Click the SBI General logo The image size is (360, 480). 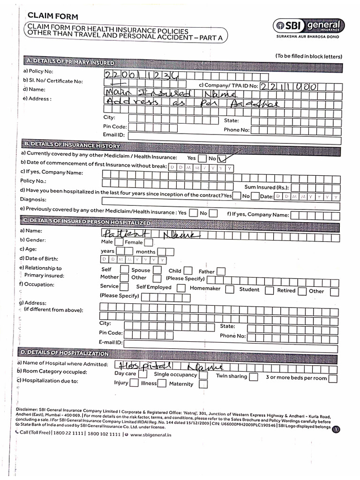(310, 26)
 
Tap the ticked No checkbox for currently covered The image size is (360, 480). (222, 158)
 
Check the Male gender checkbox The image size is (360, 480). (119, 242)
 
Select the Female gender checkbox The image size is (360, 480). (149, 242)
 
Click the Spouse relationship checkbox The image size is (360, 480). (157, 270)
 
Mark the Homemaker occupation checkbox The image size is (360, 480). (229, 289)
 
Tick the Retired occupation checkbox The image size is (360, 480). (302, 291)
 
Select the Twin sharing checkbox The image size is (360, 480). (253, 376)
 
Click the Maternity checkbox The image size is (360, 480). (203, 384)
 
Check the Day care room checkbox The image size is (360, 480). (143, 374)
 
